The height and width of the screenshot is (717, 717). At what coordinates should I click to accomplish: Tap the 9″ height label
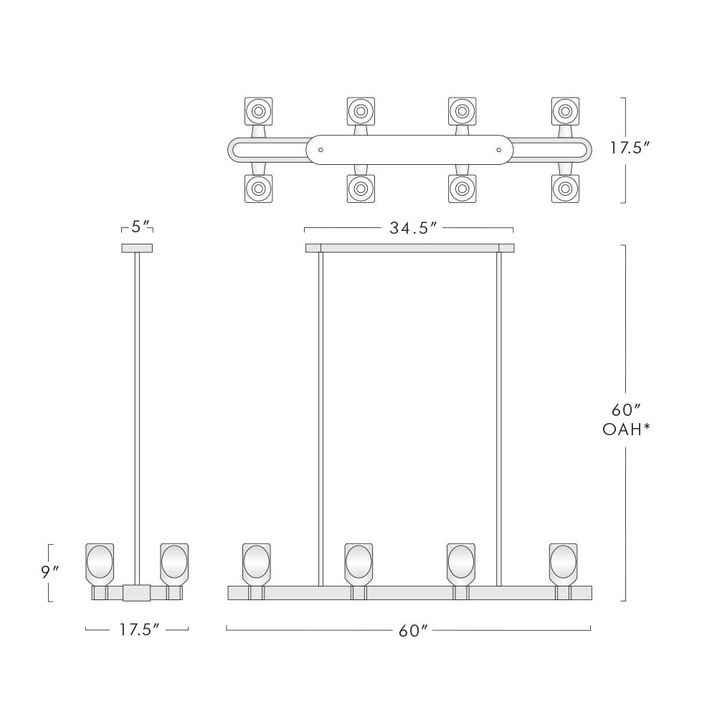[51, 572]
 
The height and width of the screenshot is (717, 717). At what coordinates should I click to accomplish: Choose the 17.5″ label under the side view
[136, 630]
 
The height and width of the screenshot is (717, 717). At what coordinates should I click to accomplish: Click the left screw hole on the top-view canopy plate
[320, 151]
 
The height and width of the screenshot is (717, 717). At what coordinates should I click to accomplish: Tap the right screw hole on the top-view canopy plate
[498, 151]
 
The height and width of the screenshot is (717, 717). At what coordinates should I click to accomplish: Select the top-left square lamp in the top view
[258, 111]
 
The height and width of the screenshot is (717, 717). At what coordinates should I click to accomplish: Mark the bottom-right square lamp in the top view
[566, 189]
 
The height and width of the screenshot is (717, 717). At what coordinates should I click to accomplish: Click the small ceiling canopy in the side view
[137, 248]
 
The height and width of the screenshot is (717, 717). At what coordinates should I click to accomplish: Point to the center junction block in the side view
[136, 593]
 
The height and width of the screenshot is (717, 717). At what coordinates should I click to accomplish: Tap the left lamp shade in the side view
[100, 562]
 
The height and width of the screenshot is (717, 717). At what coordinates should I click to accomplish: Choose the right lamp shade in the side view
[174, 562]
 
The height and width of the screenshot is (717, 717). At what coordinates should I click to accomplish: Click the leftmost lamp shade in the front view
[256, 562]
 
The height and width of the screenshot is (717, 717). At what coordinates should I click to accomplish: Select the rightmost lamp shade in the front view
[563, 562]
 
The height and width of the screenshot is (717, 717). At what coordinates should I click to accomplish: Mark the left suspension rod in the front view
[320, 416]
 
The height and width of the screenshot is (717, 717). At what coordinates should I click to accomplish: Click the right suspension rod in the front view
[498, 416]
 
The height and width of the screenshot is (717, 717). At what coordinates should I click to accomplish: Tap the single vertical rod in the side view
[137, 416]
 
